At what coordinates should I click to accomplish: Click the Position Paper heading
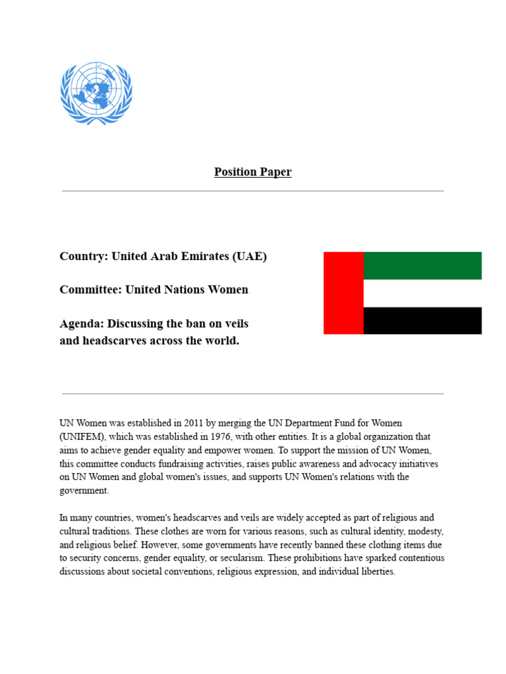point(252,172)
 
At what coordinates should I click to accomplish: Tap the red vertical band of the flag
point(343,293)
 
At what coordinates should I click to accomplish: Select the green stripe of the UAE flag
point(422,265)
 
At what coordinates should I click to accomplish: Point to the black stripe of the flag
point(422,321)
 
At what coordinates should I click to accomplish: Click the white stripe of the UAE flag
point(422,293)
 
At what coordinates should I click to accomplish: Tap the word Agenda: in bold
point(82,324)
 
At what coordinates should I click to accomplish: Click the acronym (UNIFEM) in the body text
point(81,436)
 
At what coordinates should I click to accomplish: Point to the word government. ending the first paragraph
point(84,490)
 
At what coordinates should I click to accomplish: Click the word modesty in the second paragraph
point(425,531)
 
